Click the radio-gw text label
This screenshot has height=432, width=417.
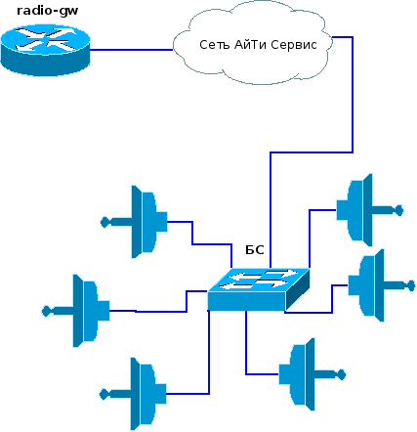pos(48,11)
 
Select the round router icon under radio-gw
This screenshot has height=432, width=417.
pos(45,51)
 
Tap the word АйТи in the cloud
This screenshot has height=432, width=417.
pos(250,45)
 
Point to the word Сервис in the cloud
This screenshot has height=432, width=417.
pos(294,45)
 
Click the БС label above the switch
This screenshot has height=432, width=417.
pos(255,250)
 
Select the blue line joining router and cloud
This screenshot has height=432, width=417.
pos(131,50)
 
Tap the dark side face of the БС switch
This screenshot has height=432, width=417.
pos(298,289)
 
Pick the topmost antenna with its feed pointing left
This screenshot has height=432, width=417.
pos(134,222)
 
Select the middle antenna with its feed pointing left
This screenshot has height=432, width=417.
pos(76,311)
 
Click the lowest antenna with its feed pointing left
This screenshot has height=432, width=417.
pos(133,394)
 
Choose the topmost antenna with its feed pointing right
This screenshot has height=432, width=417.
pos(370,210)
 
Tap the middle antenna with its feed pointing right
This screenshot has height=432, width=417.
pos(382,285)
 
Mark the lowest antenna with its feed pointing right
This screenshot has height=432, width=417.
pos(313,374)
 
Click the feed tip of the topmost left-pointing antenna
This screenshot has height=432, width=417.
pos(104,223)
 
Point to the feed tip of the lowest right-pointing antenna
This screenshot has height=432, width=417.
pos(343,374)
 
